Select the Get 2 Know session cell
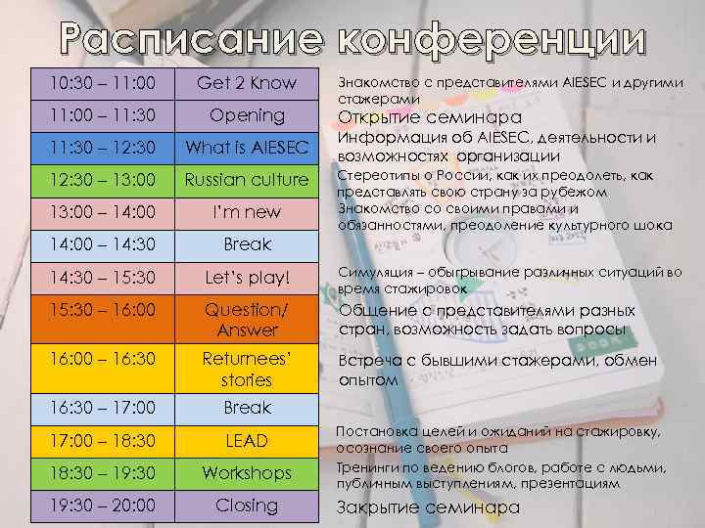(247, 83)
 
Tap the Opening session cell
(247, 115)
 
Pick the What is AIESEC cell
(247, 148)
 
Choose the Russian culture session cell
(247, 180)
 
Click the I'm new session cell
(247, 212)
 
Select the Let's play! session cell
(247, 278)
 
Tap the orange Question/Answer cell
(247, 319)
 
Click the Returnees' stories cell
(247, 368)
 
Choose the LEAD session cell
(247, 441)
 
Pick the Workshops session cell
(247, 473)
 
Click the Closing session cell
(247, 506)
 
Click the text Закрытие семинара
(428, 507)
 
